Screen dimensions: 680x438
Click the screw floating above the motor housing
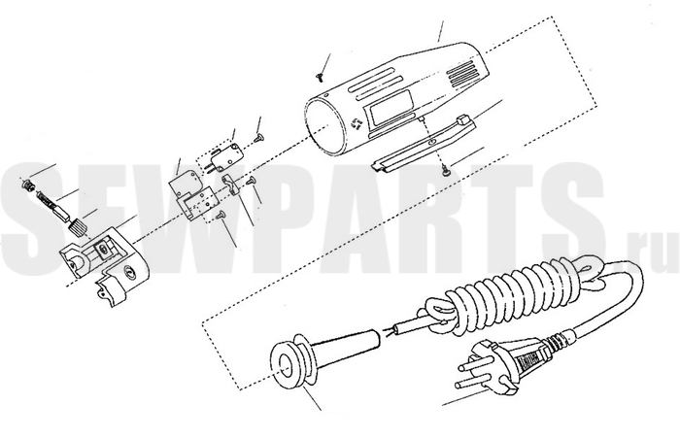coord(320,77)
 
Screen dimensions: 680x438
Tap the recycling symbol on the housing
coord(356,123)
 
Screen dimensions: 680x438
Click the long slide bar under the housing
coord(425,142)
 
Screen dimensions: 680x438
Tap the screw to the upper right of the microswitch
coord(259,138)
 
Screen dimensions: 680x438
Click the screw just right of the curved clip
coord(251,181)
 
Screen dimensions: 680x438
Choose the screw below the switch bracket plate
coord(221,214)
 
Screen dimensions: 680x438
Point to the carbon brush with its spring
coord(53,207)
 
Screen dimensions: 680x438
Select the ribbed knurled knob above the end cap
coord(78,227)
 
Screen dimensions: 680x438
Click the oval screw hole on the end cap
coord(129,272)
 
